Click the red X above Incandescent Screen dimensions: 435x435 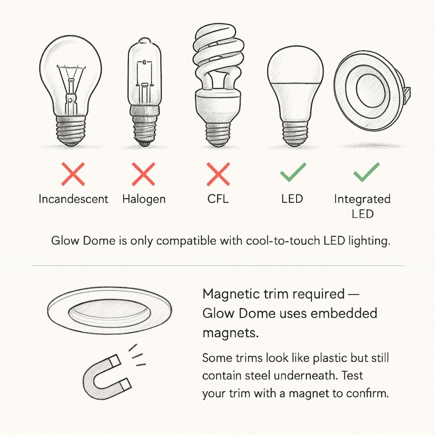(x=73, y=174)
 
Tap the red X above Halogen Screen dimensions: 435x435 (x=144, y=174)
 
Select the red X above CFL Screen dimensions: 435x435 (x=218, y=174)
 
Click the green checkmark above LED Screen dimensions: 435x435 (x=293, y=173)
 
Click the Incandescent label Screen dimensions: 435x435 (x=73, y=198)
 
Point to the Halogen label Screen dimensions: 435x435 (x=144, y=198)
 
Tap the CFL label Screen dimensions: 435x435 (x=218, y=198)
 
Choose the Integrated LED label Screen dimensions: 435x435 (x=362, y=205)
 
